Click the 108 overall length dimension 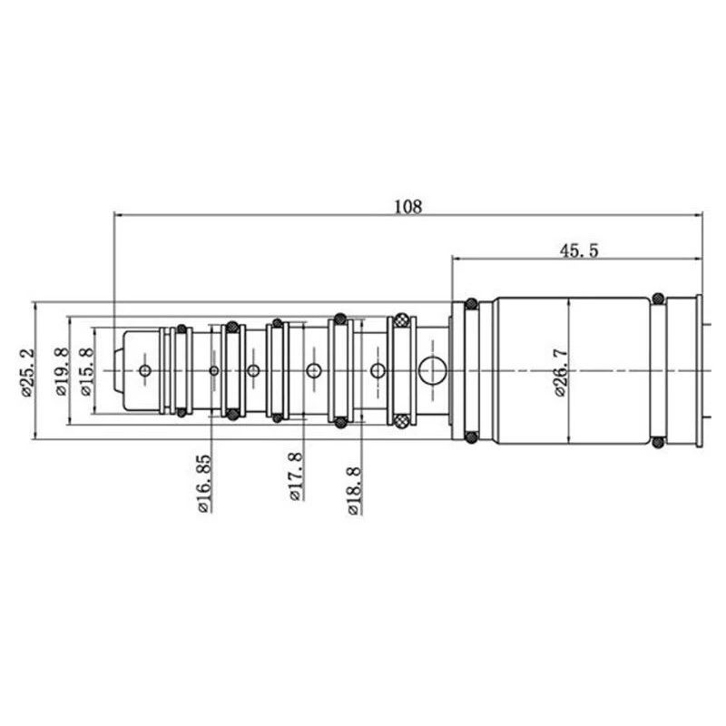407,206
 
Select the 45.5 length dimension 579,250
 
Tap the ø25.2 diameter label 27,373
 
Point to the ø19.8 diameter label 62,371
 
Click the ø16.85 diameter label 204,484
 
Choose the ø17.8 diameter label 296,477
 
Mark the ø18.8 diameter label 354,491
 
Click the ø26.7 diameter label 560,373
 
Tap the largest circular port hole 433,371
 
